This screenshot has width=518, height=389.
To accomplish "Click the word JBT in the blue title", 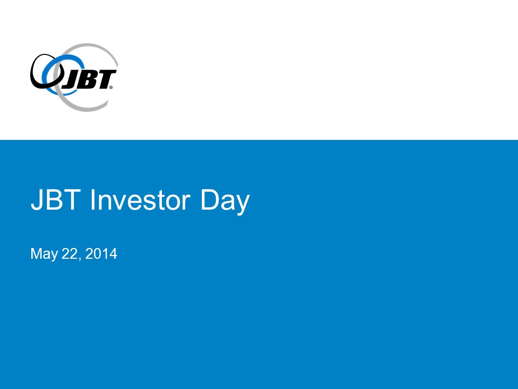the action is (56, 199).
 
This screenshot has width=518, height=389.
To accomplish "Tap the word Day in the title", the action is (225, 202).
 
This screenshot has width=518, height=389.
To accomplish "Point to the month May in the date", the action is (44, 254).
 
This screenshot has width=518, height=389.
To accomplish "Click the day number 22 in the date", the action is (69, 254).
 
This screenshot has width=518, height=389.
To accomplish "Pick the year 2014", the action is (101, 254).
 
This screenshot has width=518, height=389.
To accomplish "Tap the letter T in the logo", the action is (105, 79).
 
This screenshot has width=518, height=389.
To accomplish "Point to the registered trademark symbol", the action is (111, 88).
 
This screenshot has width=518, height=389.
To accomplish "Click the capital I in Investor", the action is (92, 199).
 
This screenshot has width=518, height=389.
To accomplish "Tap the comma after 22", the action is (79, 259).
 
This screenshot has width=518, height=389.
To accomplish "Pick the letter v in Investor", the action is (119, 203).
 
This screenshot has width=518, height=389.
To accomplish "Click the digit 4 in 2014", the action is (113, 254).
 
